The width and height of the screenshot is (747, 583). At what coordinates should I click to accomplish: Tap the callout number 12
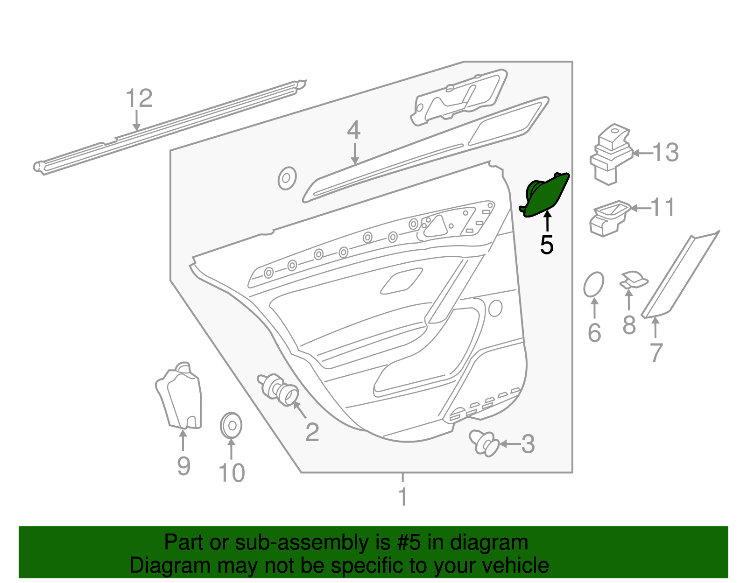[x=139, y=98]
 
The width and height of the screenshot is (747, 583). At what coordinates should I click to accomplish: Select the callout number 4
[x=353, y=130]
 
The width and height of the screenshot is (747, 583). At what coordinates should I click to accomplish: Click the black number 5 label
[x=546, y=245]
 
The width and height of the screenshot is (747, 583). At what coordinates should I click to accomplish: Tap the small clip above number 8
[x=634, y=280]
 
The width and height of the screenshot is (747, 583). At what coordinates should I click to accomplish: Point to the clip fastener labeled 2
[x=279, y=389]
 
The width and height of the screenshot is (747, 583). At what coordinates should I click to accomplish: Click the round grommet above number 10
[x=231, y=425]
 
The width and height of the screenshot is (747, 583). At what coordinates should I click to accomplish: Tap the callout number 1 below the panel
[x=402, y=497]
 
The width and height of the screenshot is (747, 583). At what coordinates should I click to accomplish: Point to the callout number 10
[x=232, y=473]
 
